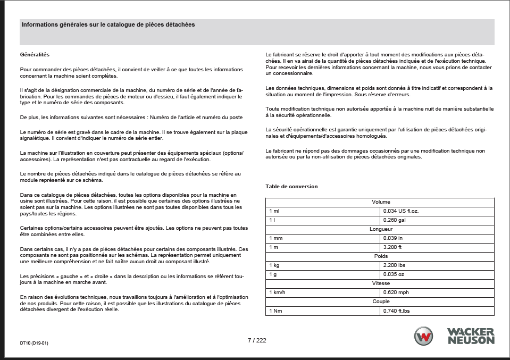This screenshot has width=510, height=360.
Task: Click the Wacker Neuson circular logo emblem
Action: click(x=424, y=337)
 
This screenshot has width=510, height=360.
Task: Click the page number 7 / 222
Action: click(x=257, y=340)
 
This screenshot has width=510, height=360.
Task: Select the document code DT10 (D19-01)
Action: click(x=35, y=343)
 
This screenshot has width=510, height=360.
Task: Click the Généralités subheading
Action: click(x=35, y=55)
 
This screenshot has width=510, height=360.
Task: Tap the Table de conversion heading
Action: click(x=291, y=187)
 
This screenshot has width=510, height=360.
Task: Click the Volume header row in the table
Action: click(x=380, y=202)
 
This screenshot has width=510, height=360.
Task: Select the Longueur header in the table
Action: click(x=380, y=229)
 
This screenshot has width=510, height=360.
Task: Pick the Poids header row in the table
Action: click(x=380, y=256)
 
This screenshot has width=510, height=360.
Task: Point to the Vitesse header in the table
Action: click(x=380, y=283)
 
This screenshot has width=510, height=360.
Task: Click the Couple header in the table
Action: click(x=380, y=302)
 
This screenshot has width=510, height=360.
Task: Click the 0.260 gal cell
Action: click(x=394, y=220)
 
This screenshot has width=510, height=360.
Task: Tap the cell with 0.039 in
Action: click(x=393, y=238)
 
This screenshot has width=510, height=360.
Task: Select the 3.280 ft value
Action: click(x=392, y=247)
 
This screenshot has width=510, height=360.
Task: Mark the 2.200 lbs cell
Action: click(x=395, y=265)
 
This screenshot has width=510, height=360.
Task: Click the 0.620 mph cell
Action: click(x=396, y=292)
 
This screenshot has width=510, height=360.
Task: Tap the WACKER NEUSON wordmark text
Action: click(x=470, y=336)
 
